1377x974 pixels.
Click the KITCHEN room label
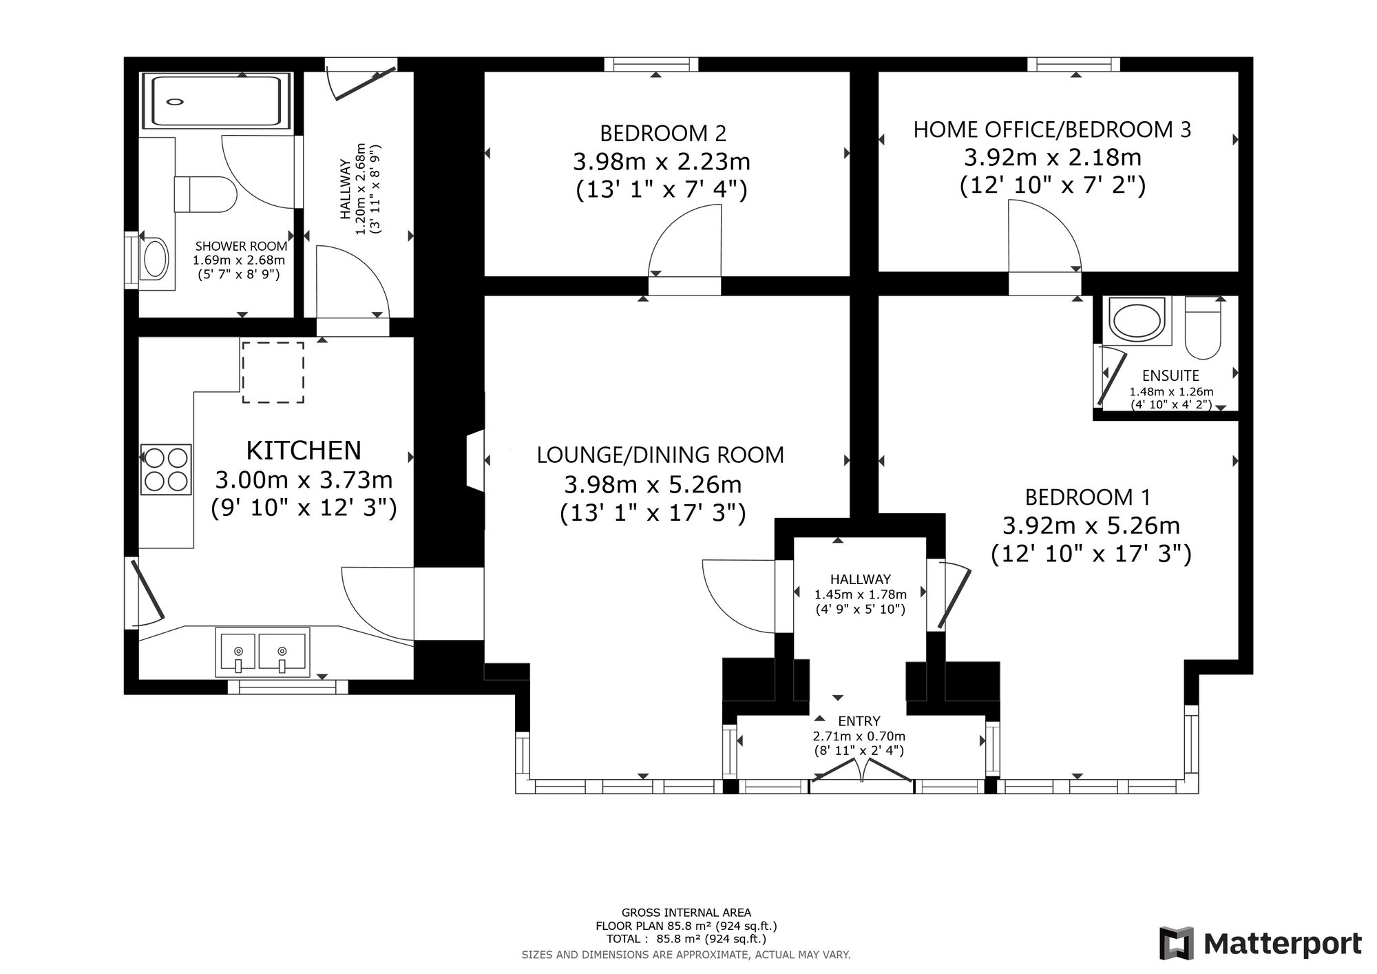[x=304, y=450]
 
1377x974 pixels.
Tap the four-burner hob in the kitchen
[x=166, y=470]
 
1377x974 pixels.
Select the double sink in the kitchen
[x=262, y=652]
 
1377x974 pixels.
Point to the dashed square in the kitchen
[x=273, y=372]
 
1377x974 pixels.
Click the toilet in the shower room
[x=205, y=194]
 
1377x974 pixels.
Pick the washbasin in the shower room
[x=154, y=259]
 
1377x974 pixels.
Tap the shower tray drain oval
[x=176, y=102]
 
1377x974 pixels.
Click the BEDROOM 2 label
[x=663, y=132]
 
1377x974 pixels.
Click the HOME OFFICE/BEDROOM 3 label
[x=1052, y=129]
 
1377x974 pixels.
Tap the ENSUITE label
[x=1170, y=375]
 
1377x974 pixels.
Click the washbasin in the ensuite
[x=1137, y=320]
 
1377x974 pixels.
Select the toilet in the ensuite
[x=1203, y=328]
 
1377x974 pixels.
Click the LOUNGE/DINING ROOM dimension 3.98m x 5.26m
[x=653, y=485]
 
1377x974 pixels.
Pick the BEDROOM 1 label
[x=1088, y=497]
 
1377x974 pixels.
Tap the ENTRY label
[x=859, y=721]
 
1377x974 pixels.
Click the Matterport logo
[x=1261, y=943]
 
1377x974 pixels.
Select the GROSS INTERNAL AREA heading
[x=686, y=913]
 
